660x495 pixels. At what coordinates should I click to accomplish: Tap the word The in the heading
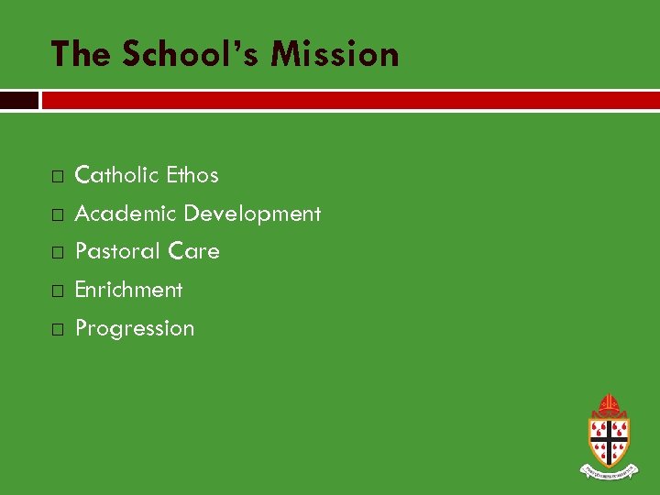coord(81,54)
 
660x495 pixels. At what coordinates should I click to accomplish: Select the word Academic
coord(125,214)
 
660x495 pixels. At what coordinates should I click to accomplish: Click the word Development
coord(252,214)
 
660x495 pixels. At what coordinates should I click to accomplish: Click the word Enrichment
coord(128,290)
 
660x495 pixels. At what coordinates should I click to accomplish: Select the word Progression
coord(135,328)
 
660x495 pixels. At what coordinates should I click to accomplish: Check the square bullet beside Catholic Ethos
coord(57,175)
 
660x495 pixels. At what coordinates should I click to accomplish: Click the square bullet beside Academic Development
coord(57,214)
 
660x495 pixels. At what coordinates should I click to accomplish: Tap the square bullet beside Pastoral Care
coord(57,252)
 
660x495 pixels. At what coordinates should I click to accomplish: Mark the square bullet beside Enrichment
coord(57,291)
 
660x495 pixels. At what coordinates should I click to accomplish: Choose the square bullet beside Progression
coord(57,329)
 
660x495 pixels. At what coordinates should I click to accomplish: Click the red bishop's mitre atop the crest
coord(609,404)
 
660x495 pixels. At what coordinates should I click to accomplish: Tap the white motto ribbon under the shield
coord(609,471)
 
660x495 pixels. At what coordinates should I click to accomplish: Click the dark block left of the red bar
coord(18,100)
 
